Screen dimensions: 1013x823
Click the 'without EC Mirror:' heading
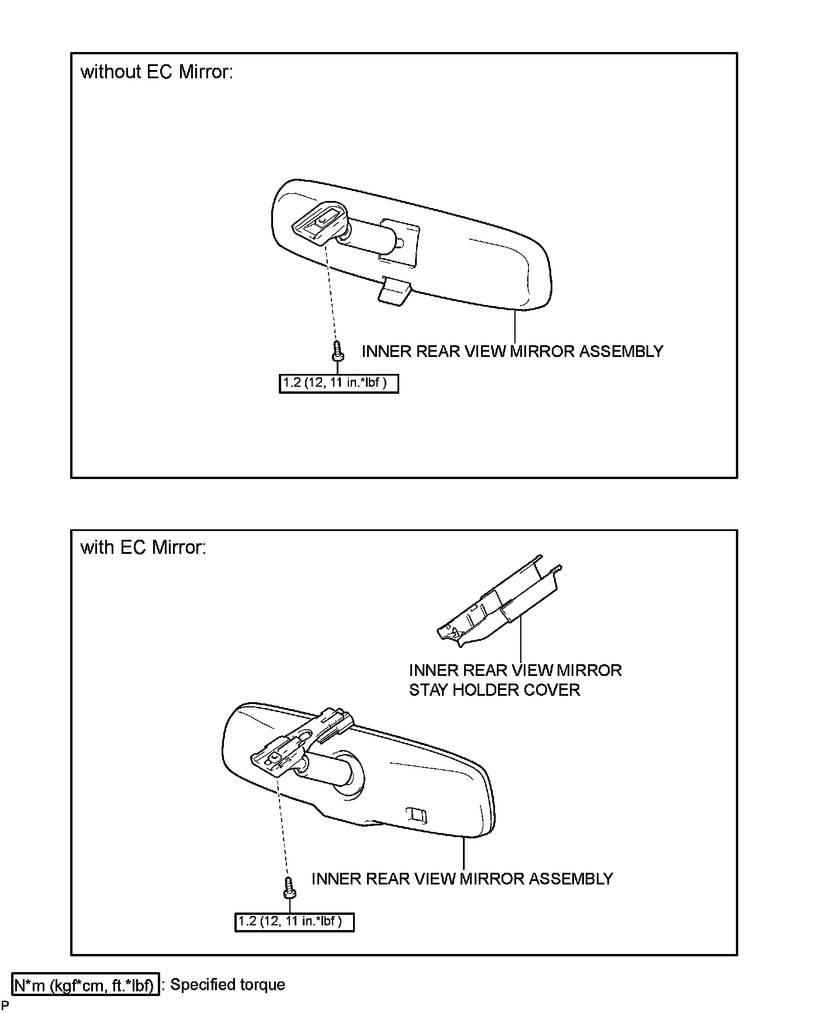pyautogui.click(x=157, y=72)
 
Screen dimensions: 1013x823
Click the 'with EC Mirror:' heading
pyautogui.click(x=143, y=547)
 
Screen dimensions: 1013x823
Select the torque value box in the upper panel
pyautogui.click(x=339, y=383)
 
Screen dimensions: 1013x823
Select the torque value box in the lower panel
pyautogui.click(x=295, y=922)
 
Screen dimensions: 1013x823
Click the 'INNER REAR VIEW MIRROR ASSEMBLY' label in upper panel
pyautogui.click(x=512, y=351)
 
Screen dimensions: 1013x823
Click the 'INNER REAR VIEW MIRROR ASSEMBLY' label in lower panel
pyautogui.click(x=462, y=879)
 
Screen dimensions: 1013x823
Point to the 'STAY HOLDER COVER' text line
pyautogui.click(x=495, y=690)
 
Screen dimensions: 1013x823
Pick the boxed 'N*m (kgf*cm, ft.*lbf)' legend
pyautogui.click(x=86, y=986)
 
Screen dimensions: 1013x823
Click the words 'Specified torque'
pyautogui.click(x=227, y=985)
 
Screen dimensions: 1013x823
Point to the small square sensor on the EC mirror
pyautogui.click(x=417, y=814)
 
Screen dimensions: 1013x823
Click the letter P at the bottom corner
pyautogui.click(x=5, y=1005)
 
